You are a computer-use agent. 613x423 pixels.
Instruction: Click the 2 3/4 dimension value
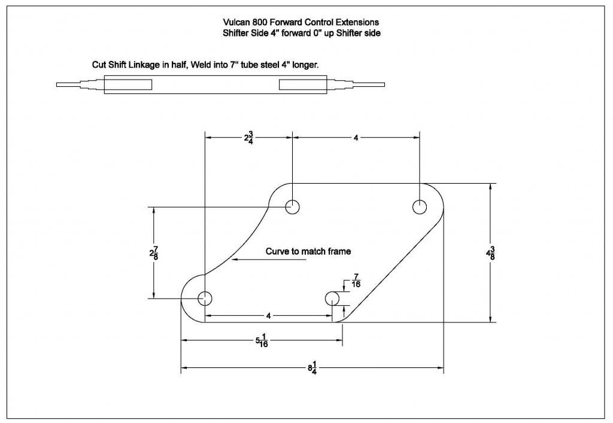249,138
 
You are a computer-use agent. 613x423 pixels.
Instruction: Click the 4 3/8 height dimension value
490,253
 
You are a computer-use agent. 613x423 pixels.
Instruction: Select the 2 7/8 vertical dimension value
154,253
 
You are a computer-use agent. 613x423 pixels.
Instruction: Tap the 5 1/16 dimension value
262,340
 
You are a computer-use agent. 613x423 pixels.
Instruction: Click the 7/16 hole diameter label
356,281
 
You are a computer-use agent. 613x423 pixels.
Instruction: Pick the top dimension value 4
356,138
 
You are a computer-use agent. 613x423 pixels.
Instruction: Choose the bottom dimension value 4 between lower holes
268,315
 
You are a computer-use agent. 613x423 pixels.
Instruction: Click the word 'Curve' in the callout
276,251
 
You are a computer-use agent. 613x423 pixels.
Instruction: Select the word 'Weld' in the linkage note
201,65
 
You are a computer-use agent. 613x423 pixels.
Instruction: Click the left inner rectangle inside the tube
128,84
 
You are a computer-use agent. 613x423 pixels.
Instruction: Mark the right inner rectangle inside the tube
303,84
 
